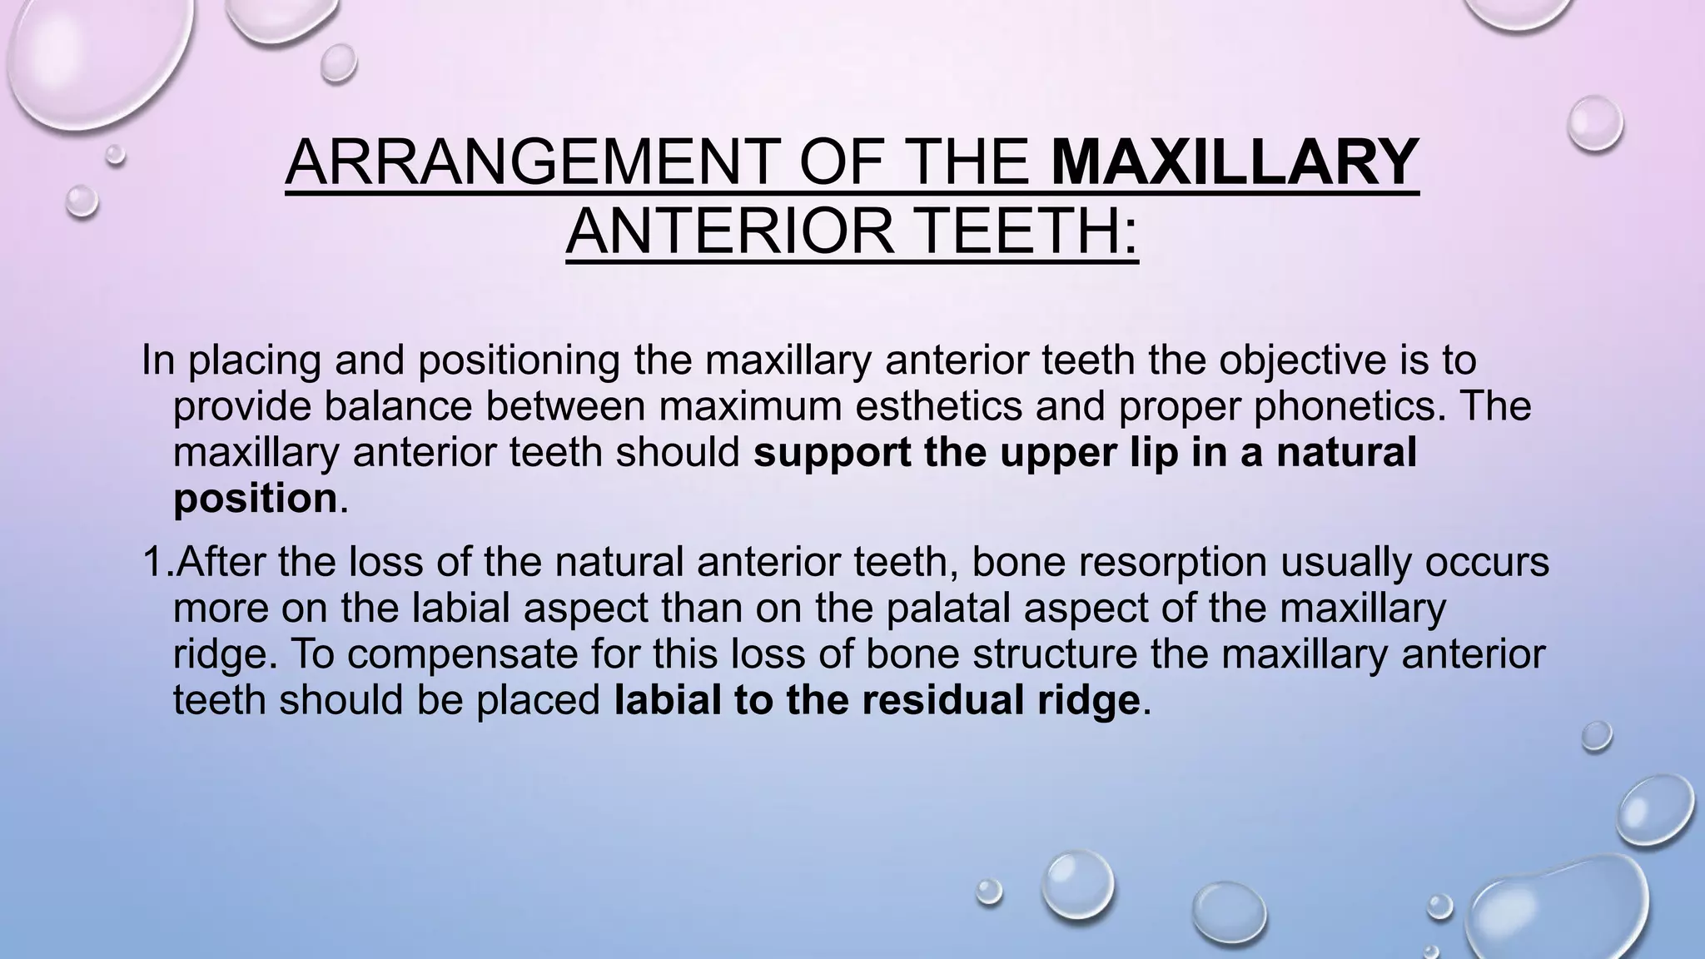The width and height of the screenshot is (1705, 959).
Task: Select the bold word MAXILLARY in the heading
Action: [x=1235, y=162]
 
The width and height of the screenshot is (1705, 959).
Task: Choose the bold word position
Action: [x=255, y=499]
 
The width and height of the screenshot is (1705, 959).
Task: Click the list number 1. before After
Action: [x=157, y=562]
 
